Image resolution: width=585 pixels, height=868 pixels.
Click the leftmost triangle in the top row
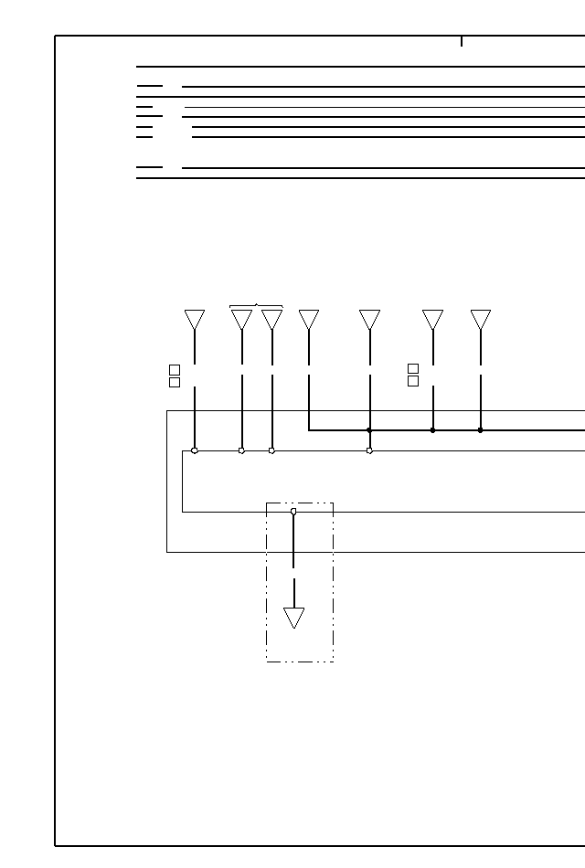click(x=194, y=319)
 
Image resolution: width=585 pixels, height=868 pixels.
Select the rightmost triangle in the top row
click(x=481, y=319)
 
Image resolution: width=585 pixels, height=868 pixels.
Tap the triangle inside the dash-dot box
click(x=293, y=618)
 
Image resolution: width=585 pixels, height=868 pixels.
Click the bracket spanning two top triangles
click(x=256, y=305)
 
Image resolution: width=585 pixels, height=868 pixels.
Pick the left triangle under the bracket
click(x=241, y=319)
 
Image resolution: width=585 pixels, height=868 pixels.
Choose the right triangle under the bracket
click(x=271, y=319)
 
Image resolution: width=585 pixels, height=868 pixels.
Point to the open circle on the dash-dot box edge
click(x=293, y=512)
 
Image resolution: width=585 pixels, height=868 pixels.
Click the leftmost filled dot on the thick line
click(x=369, y=429)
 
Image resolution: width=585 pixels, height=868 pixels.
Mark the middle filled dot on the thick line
click(x=432, y=429)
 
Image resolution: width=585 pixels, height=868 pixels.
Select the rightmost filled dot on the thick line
click(x=480, y=429)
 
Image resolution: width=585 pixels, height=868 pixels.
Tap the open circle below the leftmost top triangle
click(x=195, y=450)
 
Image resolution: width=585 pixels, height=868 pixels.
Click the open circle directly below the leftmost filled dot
click(x=369, y=450)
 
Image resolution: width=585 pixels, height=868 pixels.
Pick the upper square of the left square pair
click(x=175, y=370)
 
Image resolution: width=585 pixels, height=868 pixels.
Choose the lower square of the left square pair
click(x=175, y=382)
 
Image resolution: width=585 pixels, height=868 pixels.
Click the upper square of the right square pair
click(x=413, y=369)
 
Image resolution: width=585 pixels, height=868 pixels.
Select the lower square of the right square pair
click(x=413, y=381)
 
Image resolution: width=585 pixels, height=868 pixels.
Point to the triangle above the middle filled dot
click(x=432, y=319)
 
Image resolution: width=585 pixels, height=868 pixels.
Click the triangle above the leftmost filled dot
click(x=369, y=319)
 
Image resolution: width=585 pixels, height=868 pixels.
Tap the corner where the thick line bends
click(x=309, y=429)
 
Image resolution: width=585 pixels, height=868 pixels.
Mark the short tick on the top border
click(x=462, y=41)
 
